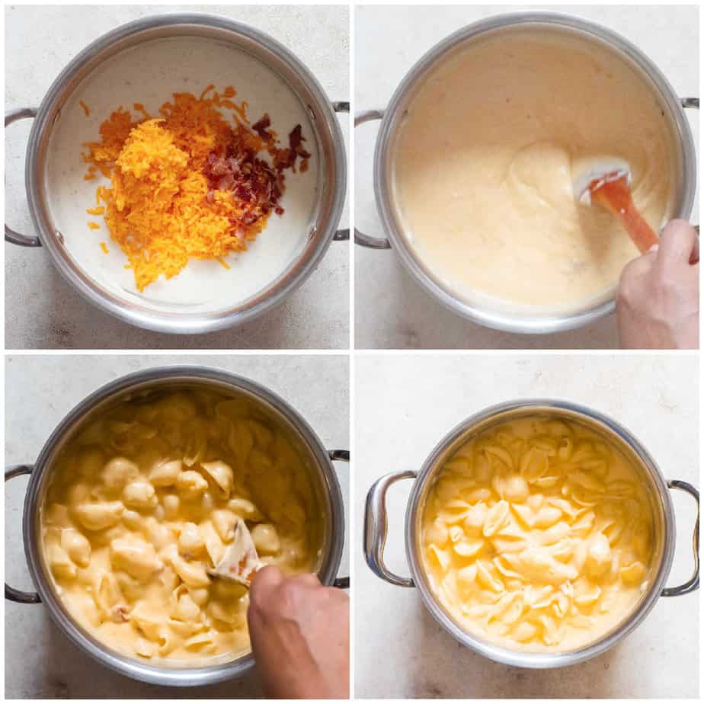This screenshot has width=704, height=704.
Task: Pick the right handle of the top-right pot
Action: click(x=690, y=103)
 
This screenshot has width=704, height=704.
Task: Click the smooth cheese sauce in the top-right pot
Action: click(x=488, y=229)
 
